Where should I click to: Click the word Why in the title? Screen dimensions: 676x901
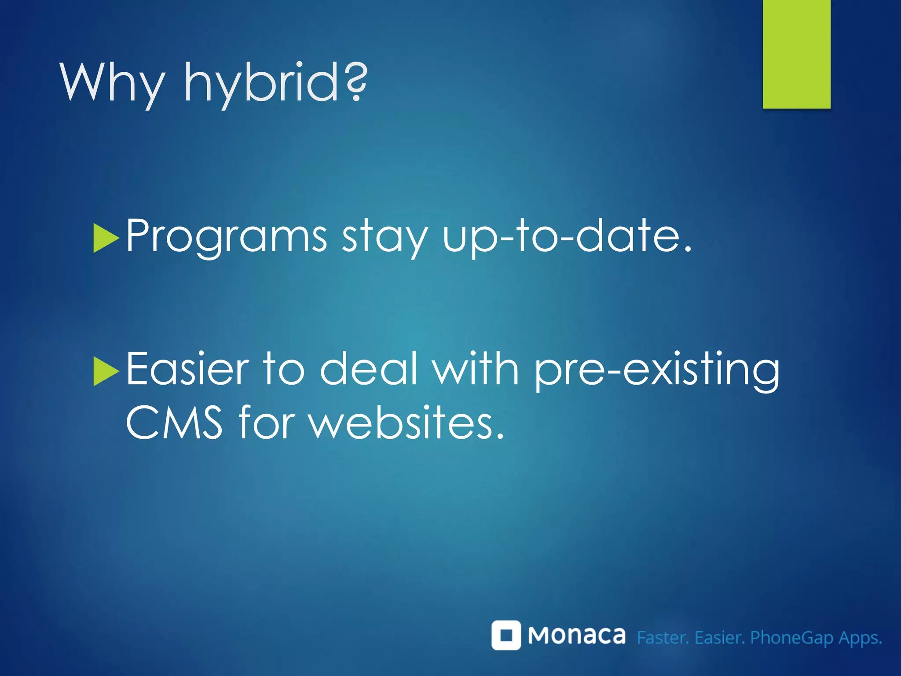click(113, 83)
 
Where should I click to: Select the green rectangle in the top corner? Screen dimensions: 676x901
click(796, 54)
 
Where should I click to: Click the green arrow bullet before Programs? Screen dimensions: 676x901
click(106, 238)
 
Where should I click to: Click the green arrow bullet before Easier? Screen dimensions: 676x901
click(106, 371)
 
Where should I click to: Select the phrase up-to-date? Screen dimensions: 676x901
click(567, 236)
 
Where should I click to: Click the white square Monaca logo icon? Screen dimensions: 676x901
click(506, 635)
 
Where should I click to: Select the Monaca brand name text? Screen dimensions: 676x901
click(576, 636)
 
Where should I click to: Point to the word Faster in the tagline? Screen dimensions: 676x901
click(663, 638)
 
